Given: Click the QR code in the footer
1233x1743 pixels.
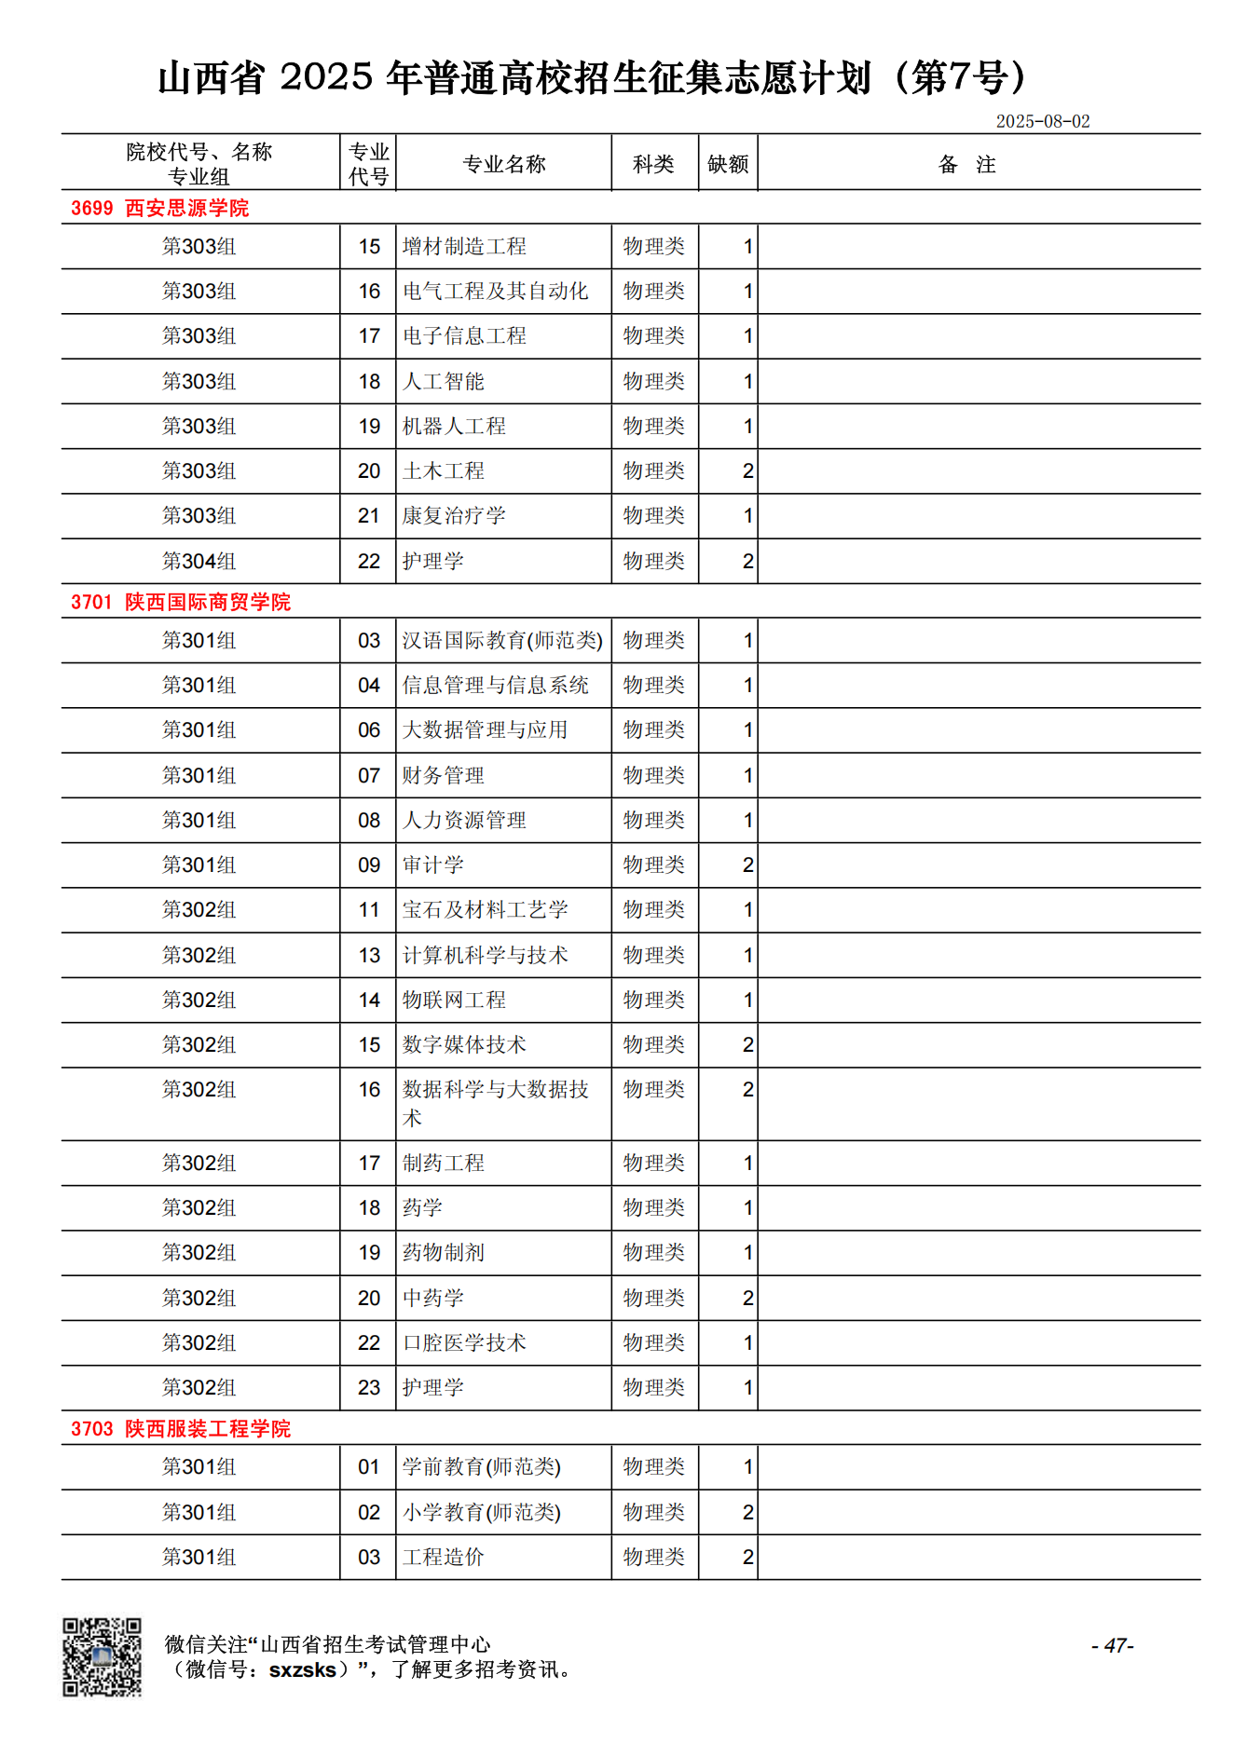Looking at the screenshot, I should [x=102, y=1657].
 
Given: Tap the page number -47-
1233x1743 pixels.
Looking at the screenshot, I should [x=1112, y=1646].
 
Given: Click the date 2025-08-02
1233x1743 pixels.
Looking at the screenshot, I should [x=1042, y=121].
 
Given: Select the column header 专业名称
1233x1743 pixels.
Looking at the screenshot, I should [x=503, y=164].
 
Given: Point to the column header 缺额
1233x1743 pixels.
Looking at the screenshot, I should [x=727, y=164].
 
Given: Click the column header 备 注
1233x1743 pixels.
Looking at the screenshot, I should [x=966, y=165].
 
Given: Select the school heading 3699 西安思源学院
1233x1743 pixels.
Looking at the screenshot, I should [x=159, y=208].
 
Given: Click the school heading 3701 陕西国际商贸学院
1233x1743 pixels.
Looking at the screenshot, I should [x=180, y=602].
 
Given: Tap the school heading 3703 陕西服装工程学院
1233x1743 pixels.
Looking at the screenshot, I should [x=180, y=1429].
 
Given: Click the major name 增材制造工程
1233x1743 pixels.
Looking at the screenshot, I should [x=464, y=247].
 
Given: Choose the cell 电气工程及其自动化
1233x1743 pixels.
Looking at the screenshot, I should [x=495, y=292].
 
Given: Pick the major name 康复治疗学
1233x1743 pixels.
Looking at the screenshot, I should [x=454, y=516].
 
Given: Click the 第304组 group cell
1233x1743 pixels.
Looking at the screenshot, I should [x=199, y=561].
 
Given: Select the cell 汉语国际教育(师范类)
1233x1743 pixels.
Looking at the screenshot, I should [x=502, y=641].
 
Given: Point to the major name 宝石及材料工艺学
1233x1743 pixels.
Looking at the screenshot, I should [x=485, y=910].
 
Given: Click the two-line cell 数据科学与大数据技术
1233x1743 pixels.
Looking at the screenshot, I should [x=495, y=1103].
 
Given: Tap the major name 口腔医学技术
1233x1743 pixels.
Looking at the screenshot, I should [x=464, y=1342].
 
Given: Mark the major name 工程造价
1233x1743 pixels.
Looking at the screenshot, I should [x=444, y=1557].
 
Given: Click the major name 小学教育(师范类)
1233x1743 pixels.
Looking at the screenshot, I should [x=481, y=1512].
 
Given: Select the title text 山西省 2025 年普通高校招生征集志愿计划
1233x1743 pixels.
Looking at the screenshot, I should [x=514, y=78].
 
